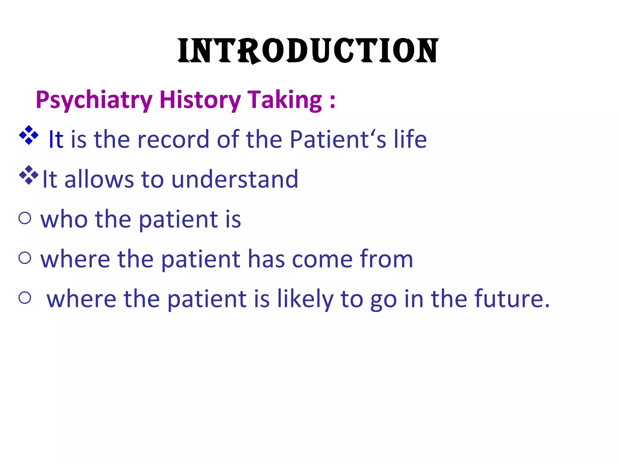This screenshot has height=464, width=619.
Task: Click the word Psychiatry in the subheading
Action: (94, 100)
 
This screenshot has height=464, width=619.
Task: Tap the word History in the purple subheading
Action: (200, 100)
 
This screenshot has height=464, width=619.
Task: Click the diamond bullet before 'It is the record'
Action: (29, 135)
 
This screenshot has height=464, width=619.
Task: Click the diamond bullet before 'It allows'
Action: (29, 175)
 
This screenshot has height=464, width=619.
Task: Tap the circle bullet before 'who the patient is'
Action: (25, 218)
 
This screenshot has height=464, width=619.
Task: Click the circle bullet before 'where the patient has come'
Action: (25, 258)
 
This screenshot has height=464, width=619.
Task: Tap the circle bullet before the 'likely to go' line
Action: (25, 298)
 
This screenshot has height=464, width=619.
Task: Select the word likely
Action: (305, 299)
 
